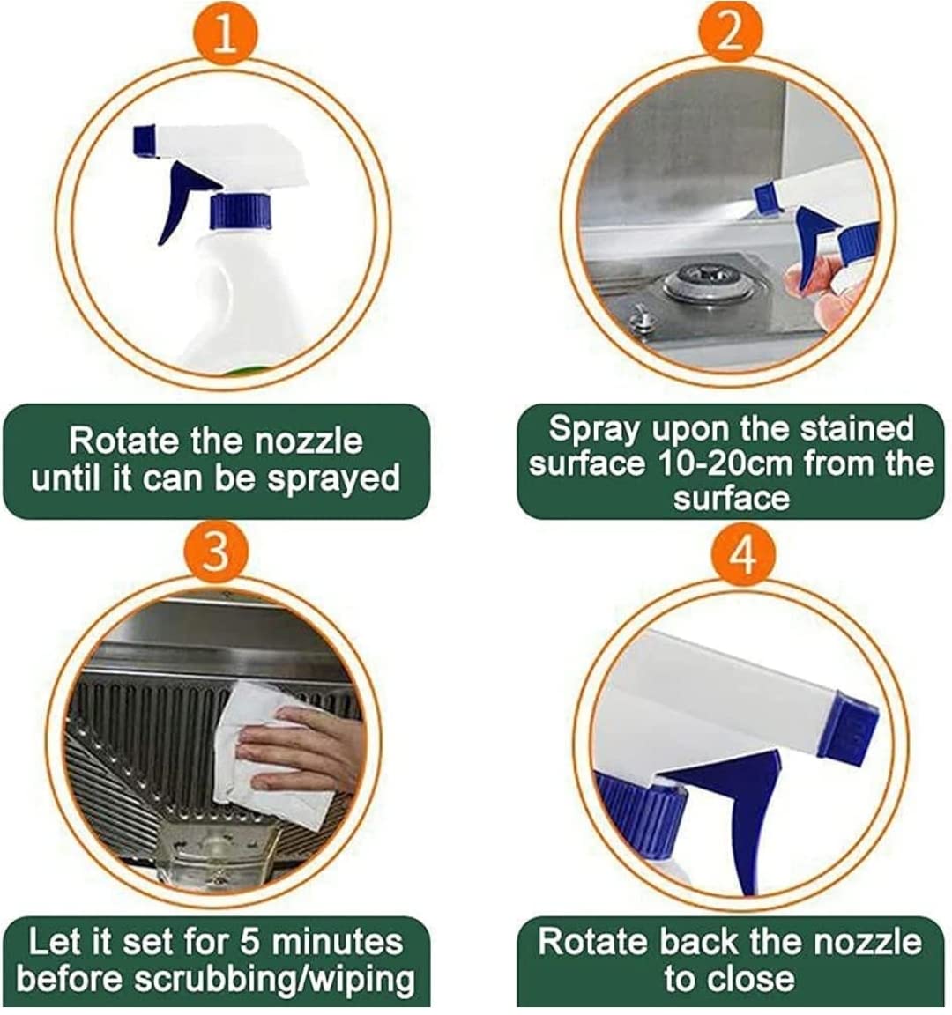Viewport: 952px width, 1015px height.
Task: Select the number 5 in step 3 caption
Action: (x=249, y=943)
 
